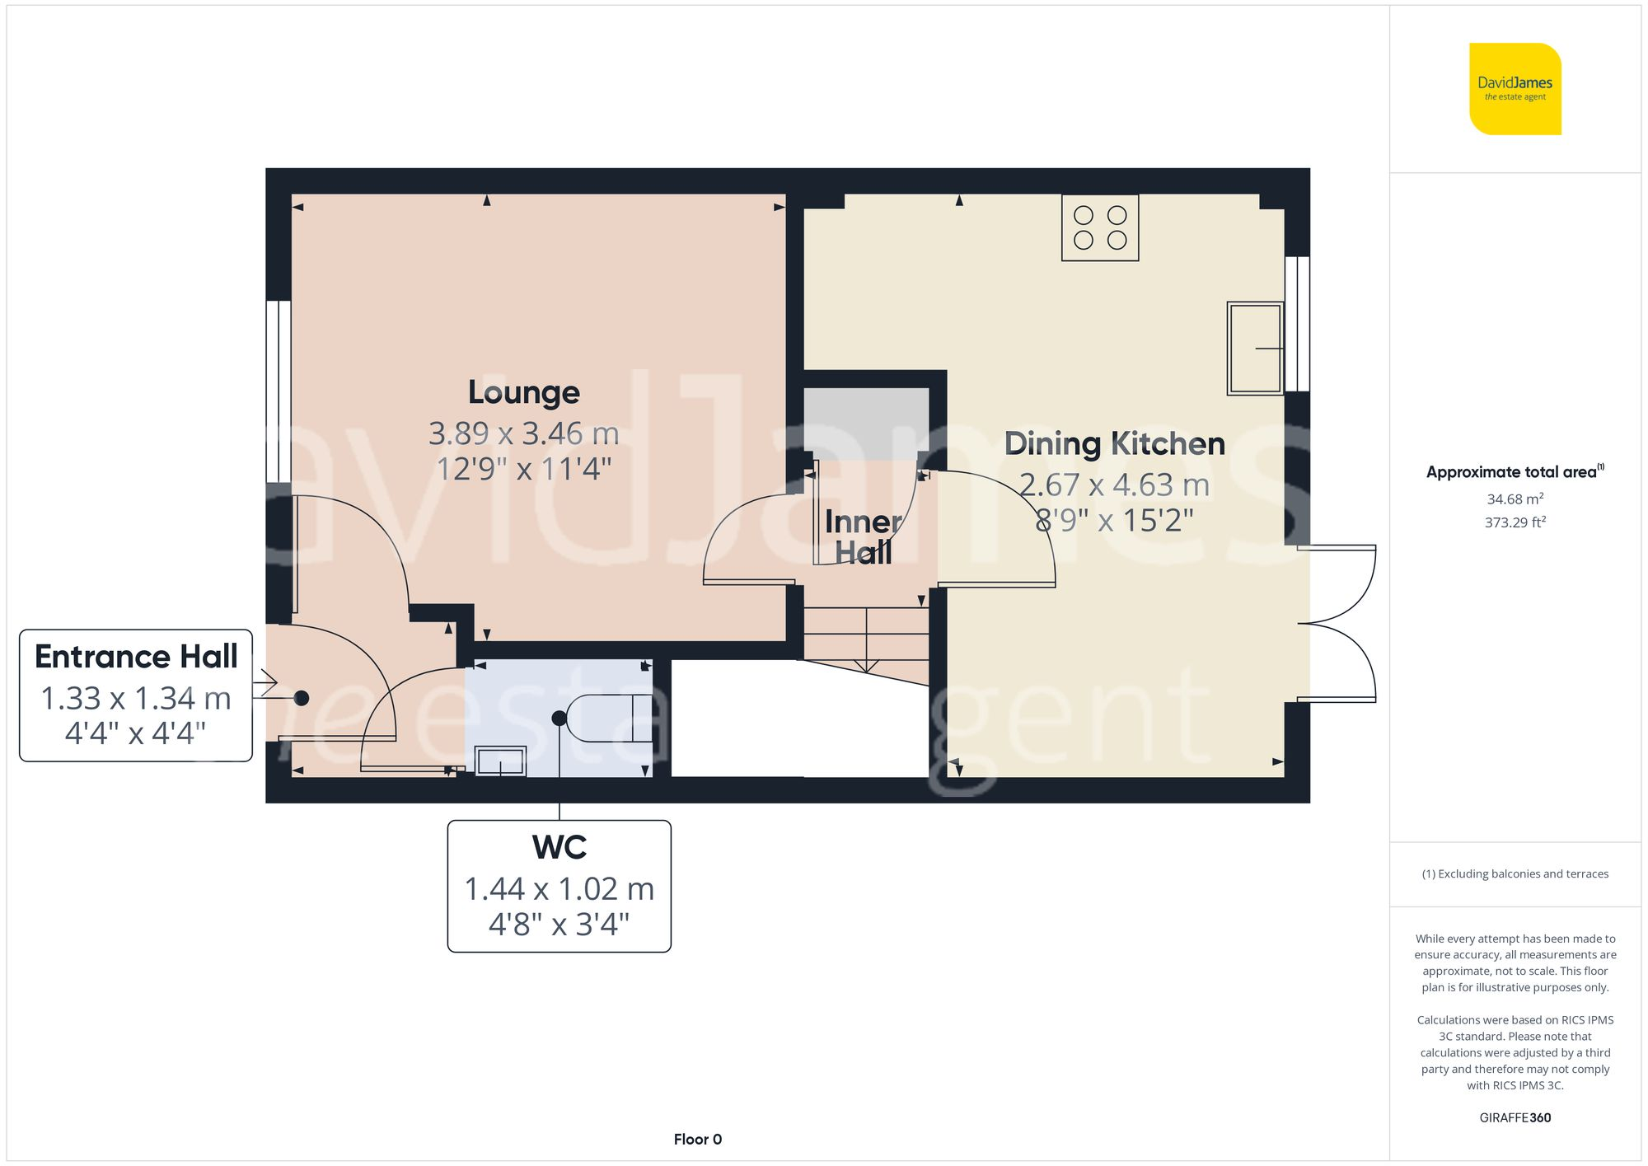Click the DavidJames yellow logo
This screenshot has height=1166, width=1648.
pyautogui.click(x=1515, y=89)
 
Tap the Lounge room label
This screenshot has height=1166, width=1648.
pyautogui.click(x=523, y=392)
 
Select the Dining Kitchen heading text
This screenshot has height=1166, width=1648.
pyautogui.click(x=1114, y=444)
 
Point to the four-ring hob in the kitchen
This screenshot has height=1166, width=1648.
pyautogui.click(x=1099, y=227)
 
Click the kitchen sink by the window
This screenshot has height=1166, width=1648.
pyautogui.click(x=1254, y=348)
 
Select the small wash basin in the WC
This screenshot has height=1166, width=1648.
pyautogui.click(x=500, y=761)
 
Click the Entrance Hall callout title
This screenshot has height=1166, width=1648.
pyautogui.click(x=136, y=657)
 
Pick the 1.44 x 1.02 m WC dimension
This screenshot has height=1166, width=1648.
pyautogui.click(x=559, y=889)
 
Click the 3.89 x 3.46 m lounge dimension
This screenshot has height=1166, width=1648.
pyautogui.click(x=523, y=433)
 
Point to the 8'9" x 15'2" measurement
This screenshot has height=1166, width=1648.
pyautogui.click(x=1114, y=521)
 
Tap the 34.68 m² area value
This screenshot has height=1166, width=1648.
pyautogui.click(x=1515, y=499)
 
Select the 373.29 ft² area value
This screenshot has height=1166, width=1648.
pyautogui.click(x=1515, y=522)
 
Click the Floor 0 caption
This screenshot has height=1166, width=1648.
pyautogui.click(x=697, y=1140)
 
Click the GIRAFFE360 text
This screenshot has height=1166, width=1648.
pyautogui.click(x=1515, y=1118)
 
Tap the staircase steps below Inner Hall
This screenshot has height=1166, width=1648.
pyautogui.click(x=865, y=635)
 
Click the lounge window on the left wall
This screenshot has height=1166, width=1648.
pyautogui.click(x=279, y=391)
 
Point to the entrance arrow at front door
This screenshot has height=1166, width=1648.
pyautogui.click(x=265, y=684)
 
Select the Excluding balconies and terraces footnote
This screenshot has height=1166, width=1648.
pyautogui.click(x=1515, y=874)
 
